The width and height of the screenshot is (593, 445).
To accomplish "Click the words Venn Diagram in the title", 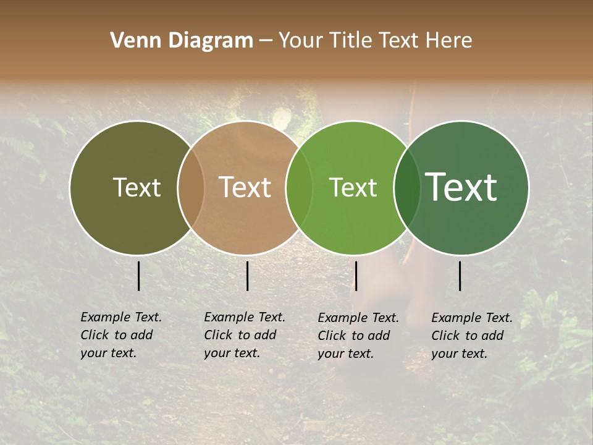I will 182,41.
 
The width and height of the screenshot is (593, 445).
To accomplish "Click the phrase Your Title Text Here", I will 375,41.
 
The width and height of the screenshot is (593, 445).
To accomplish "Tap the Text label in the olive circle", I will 137,187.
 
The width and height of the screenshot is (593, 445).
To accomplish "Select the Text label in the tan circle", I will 245,187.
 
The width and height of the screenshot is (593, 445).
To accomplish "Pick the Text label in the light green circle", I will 353,187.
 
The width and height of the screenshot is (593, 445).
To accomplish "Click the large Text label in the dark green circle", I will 461,187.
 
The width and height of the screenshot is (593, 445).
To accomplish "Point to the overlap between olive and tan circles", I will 191,187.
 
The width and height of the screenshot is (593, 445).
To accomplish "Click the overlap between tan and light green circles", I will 299,187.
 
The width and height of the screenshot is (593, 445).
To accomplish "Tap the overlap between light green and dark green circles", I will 407,187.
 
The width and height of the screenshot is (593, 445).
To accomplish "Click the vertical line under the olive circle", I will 138,276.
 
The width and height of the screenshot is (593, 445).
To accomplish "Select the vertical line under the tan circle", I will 247,276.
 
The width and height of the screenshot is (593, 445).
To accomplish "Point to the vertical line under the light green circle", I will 356,276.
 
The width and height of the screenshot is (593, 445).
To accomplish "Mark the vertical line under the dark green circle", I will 460,276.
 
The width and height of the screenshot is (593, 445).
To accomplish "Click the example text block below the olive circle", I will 120,335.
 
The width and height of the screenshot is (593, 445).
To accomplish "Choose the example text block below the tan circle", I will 244,335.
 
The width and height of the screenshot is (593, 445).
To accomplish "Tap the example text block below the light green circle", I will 358,336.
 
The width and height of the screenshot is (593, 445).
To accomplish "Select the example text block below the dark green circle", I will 471,336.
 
